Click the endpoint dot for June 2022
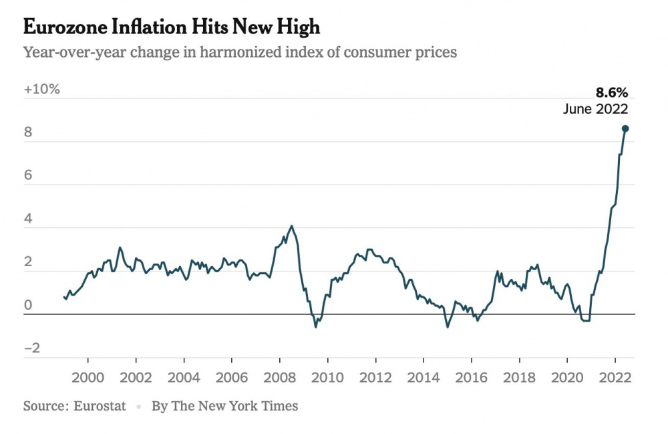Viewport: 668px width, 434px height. [625, 128]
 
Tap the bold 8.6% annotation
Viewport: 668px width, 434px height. [611, 92]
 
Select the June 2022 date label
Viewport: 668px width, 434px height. [595, 109]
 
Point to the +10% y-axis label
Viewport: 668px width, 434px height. [41, 89]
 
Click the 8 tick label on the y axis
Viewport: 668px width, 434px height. [28, 132]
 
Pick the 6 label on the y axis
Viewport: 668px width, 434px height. [28, 175]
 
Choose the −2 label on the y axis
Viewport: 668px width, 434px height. [32, 348]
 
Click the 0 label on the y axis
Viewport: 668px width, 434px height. [28, 305]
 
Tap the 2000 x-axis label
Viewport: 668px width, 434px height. [88, 377]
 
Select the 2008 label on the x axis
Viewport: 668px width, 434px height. [279, 377]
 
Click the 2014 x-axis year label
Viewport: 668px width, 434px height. [424, 377]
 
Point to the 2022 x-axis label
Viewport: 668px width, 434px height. [615, 377]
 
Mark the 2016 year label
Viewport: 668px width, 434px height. [471, 377]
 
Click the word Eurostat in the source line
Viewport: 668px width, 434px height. [100, 406]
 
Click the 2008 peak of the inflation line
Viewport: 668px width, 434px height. [291, 226]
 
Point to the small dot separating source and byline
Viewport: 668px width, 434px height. [139, 407]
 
